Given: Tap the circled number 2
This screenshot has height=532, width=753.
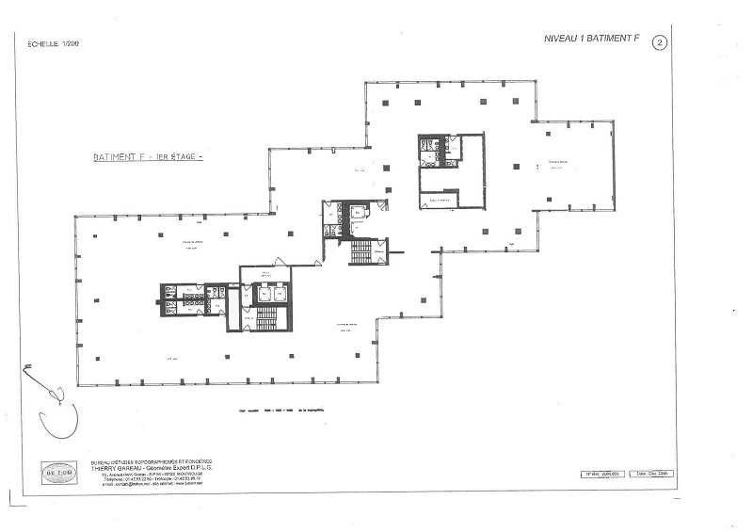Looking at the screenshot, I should (660, 42).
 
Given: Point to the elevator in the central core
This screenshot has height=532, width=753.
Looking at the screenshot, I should (361, 213).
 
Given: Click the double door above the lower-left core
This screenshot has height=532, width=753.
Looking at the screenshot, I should (278, 264).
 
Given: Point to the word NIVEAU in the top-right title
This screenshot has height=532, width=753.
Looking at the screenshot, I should (561, 40).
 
